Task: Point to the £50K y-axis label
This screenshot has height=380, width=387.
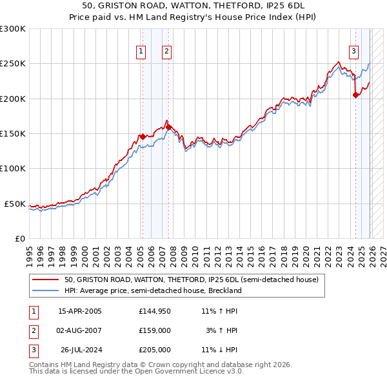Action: coord(15,204)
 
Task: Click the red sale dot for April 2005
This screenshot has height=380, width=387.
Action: coord(143,137)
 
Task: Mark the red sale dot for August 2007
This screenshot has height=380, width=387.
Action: coord(168,127)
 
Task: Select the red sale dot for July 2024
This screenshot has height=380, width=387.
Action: coord(355,95)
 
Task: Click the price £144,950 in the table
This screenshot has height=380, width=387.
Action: coord(155,311)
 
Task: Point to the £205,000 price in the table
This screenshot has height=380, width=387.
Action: coord(155,350)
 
